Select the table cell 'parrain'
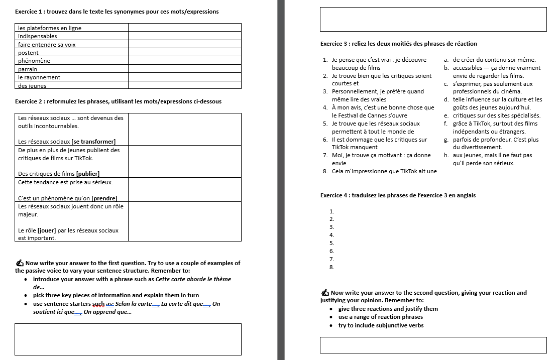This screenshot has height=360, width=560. [28, 69]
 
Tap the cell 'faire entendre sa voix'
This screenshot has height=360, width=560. [47, 45]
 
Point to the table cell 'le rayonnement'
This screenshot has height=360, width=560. [39, 77]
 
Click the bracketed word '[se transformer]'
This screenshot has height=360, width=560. [93, 142]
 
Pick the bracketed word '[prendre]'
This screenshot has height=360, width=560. [104, 198]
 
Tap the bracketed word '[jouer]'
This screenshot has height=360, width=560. [49, 230]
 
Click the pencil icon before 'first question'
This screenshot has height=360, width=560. [20, 263]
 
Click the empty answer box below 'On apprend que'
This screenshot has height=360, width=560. [128, 339]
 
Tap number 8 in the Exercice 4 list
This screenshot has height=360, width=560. [331, 267]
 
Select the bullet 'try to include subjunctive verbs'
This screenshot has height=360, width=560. [381, 325]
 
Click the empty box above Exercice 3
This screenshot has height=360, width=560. [433, 19]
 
